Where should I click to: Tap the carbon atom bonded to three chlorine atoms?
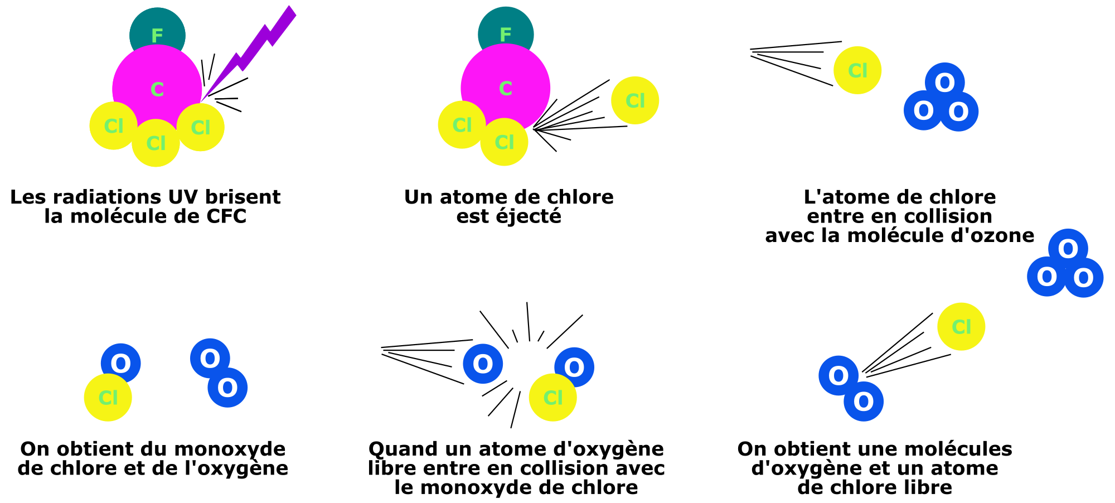pos(157,84)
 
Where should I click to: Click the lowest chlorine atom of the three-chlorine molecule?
pos(156,144)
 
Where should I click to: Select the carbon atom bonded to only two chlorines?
pos(506,84)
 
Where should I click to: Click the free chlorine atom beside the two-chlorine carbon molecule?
pos(635,100)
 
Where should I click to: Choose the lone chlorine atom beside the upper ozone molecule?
pos(857,70)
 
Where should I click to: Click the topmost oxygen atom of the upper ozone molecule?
pos(945,81)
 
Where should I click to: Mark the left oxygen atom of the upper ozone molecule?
pos(923,111)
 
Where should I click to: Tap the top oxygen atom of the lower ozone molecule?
pos(1068,248)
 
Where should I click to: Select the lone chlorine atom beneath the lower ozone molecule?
pos(961,327)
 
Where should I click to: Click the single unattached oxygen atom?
pos(483,364)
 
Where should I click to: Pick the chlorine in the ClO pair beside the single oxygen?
pos(552,398)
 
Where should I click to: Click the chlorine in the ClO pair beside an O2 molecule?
pos(108,398)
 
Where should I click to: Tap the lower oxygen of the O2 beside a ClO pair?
pos(228,388)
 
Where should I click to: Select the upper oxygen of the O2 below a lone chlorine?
pos(838,375)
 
